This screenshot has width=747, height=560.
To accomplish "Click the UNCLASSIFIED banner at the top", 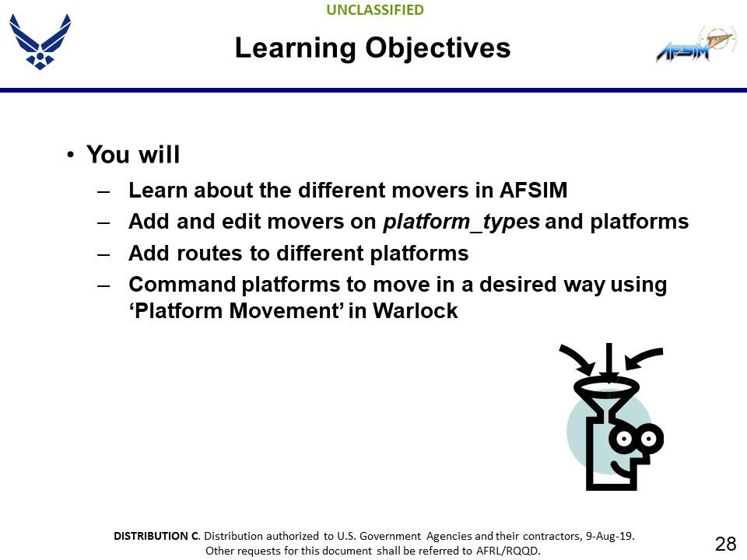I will (x=375, y=10).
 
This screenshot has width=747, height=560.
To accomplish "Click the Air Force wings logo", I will (x=40, y=41).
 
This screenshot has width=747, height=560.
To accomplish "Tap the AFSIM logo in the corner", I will (x=695, y=45).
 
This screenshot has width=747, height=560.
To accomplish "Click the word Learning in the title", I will (x=296, y=48).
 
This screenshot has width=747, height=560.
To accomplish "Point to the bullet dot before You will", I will (x=70, y=156).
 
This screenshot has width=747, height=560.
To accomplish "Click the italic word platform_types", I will (x=461, y=222).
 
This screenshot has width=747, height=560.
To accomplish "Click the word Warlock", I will (x=416, y=311).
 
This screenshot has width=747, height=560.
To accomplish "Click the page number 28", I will (x=725, y=543).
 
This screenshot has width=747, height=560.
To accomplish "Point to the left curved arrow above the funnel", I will (x=578, y=359).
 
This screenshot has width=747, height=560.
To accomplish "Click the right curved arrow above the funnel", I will (x=643, y=358).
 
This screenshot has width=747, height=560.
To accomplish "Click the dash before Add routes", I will (x=103, y=254).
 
